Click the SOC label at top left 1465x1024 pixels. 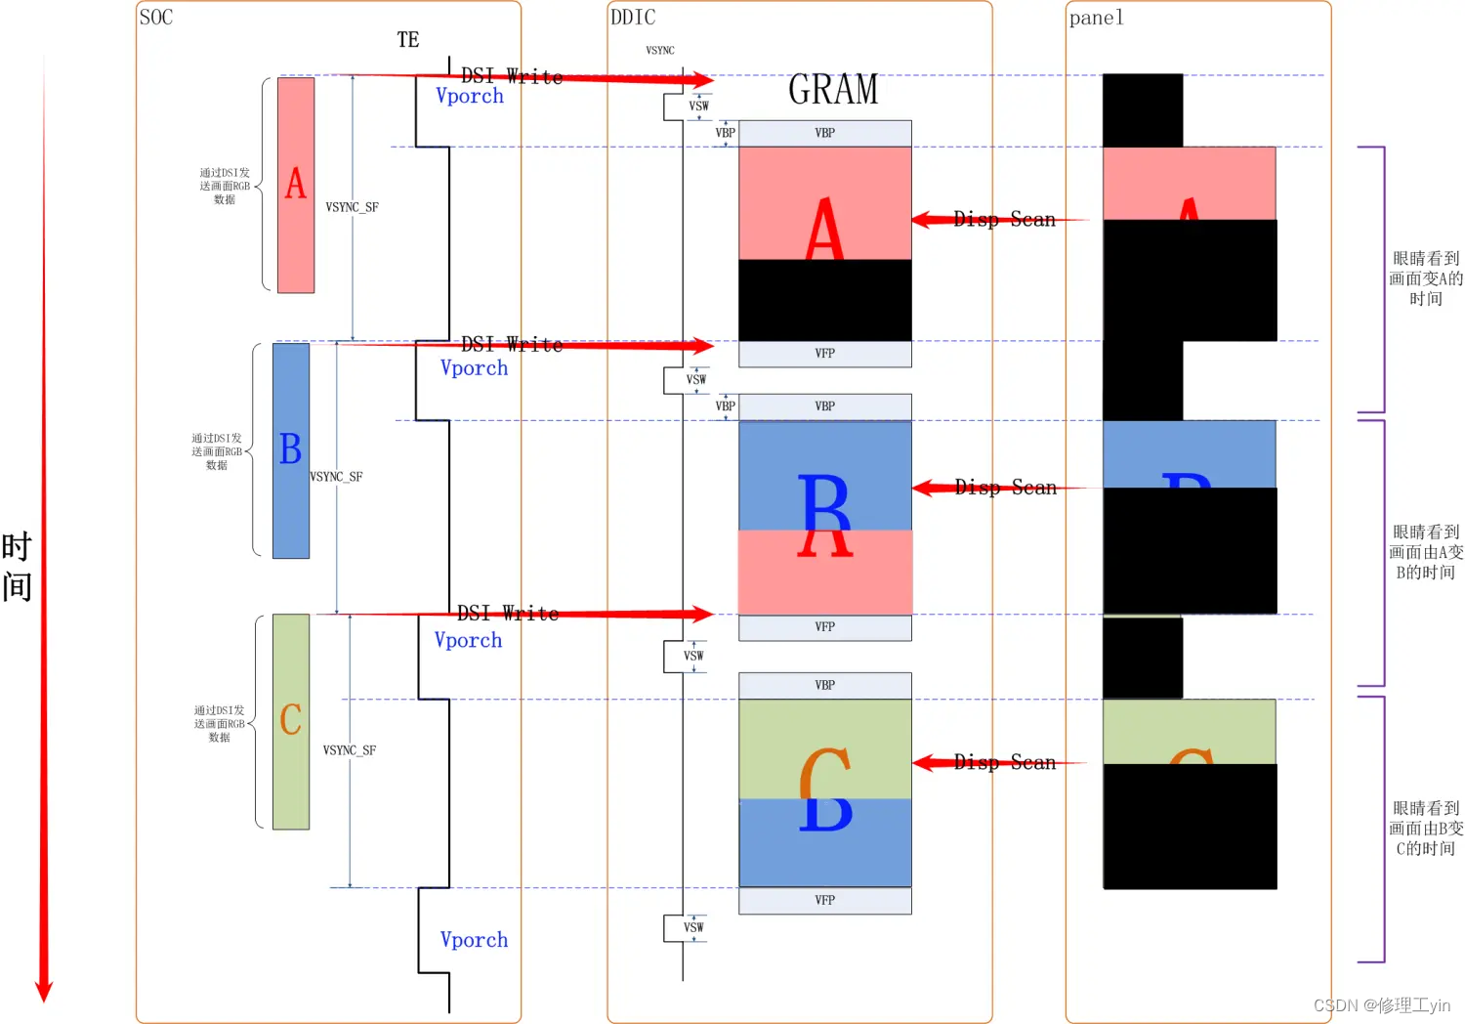tap(156, 18)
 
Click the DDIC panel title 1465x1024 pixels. tap(633, 18)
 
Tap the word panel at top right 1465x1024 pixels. tap(1096, 18)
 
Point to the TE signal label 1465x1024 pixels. tap(408, 40)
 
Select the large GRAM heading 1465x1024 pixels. tap(833, 90)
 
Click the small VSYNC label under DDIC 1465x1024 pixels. tap(660, 51)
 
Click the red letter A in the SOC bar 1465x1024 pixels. tap(296, 184)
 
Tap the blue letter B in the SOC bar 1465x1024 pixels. tap(290, 449)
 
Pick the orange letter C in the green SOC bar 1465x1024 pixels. tap(290, 720)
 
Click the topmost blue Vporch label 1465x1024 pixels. tap(470, 96)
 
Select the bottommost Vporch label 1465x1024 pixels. tap(474, 940)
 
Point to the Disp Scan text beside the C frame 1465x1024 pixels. tap(1005, 762)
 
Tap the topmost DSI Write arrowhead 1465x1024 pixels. tap(703, 80)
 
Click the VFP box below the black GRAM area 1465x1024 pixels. tap(825, 354)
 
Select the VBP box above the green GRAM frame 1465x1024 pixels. tap(825, 686)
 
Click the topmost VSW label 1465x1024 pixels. tap(699, 107)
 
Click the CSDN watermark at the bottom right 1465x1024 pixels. tap(1381, 1005)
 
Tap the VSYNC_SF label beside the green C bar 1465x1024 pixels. tap(350, 750)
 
